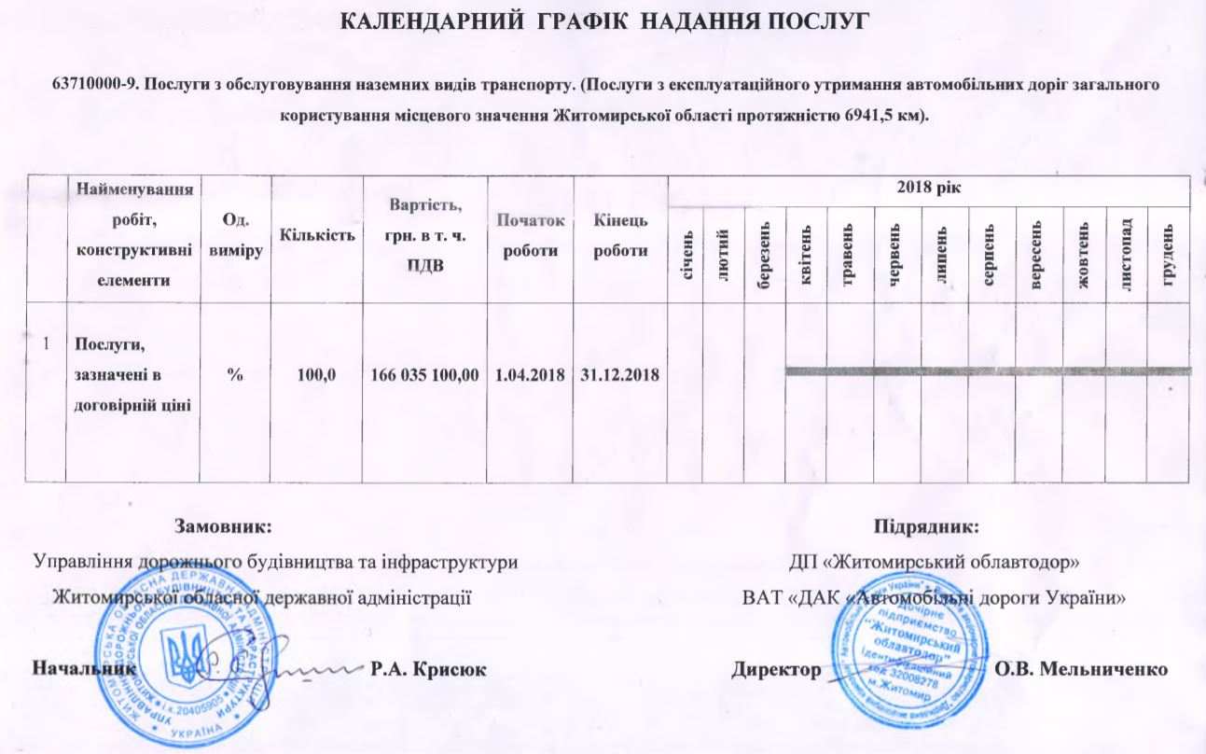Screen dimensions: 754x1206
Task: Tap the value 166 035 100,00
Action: coord(425,375)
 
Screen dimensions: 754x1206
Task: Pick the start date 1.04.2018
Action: coord(531,375)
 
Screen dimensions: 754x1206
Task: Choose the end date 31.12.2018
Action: coord(620,375)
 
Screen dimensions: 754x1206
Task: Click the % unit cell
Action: coord(237,375)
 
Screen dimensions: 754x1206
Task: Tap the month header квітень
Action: coord(806,254)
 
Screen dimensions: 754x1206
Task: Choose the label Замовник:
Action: coord(224,526)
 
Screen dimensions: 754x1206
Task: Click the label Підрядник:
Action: coord(925,526)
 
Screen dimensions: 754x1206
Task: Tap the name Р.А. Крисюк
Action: coord(428,669)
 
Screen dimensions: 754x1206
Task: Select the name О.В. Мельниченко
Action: coord(1081,669)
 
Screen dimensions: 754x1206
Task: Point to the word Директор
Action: coord(776,669)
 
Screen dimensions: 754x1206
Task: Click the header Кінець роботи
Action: coord(620,236)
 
